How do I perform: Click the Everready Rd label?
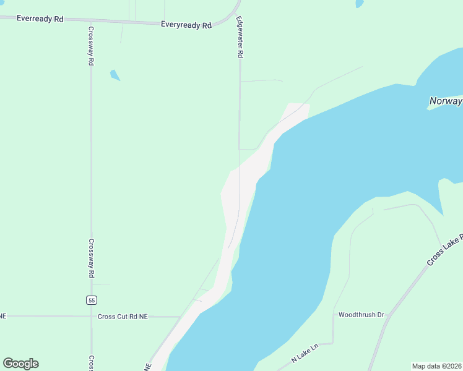(x=40, y=19)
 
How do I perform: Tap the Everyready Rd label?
(x=186, y=25)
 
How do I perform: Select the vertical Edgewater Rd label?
(x=240, y=37)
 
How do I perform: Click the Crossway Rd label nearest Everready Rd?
(x=90, y=46)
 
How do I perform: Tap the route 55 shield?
(x=91, y=300)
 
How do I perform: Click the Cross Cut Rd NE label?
(x=123, y=317)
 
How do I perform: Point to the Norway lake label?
(x=446, y=101)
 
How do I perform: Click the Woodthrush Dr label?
(x=361, y=315)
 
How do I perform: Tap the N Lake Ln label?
(x=304, y=353)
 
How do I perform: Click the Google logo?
(x=20, y=364)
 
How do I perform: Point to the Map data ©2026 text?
(x=436, y=366)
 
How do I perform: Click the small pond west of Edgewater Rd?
(x=115, y=75)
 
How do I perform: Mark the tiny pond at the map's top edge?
(x=360, y=3)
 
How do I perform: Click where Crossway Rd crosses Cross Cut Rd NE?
(x=91, y=317)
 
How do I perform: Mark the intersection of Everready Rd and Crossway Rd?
(x=90, y=20)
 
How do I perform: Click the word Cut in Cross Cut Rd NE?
(x=123, y=317)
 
